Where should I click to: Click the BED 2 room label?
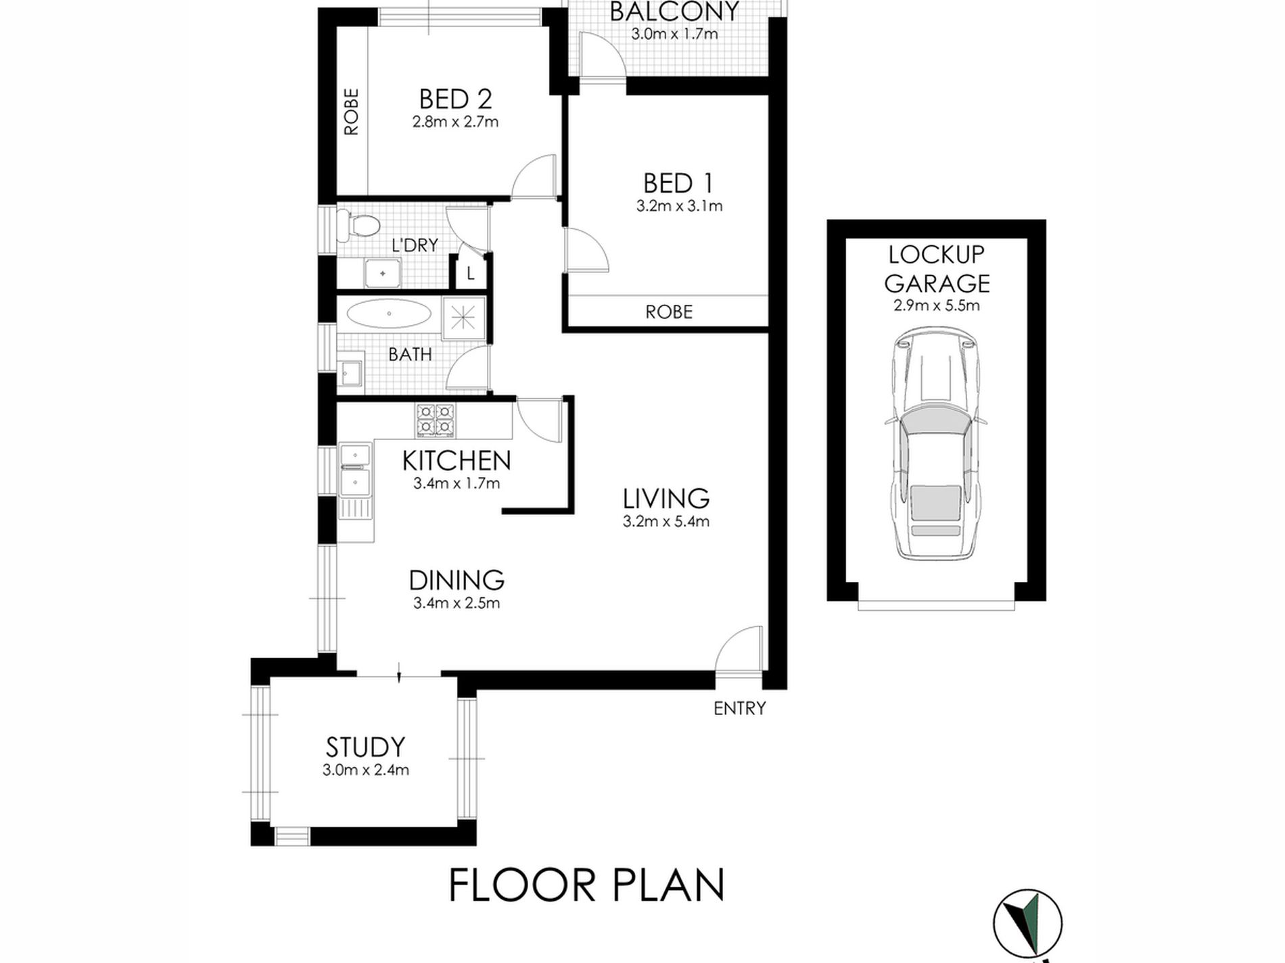tap(455, 99)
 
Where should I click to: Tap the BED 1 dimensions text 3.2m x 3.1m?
tap(679, 206)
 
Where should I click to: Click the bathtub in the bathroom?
tap(389, 315)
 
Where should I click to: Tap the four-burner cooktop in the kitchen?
tap(436, 420)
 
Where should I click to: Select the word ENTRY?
tap(740, 708)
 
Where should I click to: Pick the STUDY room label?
tap(365, 747)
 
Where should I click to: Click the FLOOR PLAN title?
tap(586, 885)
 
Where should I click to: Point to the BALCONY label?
tap(674, 11)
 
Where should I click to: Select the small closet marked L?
tap(470, 273)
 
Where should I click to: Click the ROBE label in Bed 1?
tap(669, 312)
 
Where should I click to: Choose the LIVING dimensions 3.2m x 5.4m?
tap(666, 522)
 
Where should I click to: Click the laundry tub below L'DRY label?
tap(383, 273)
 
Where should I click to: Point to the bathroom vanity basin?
tap(350, 372)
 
